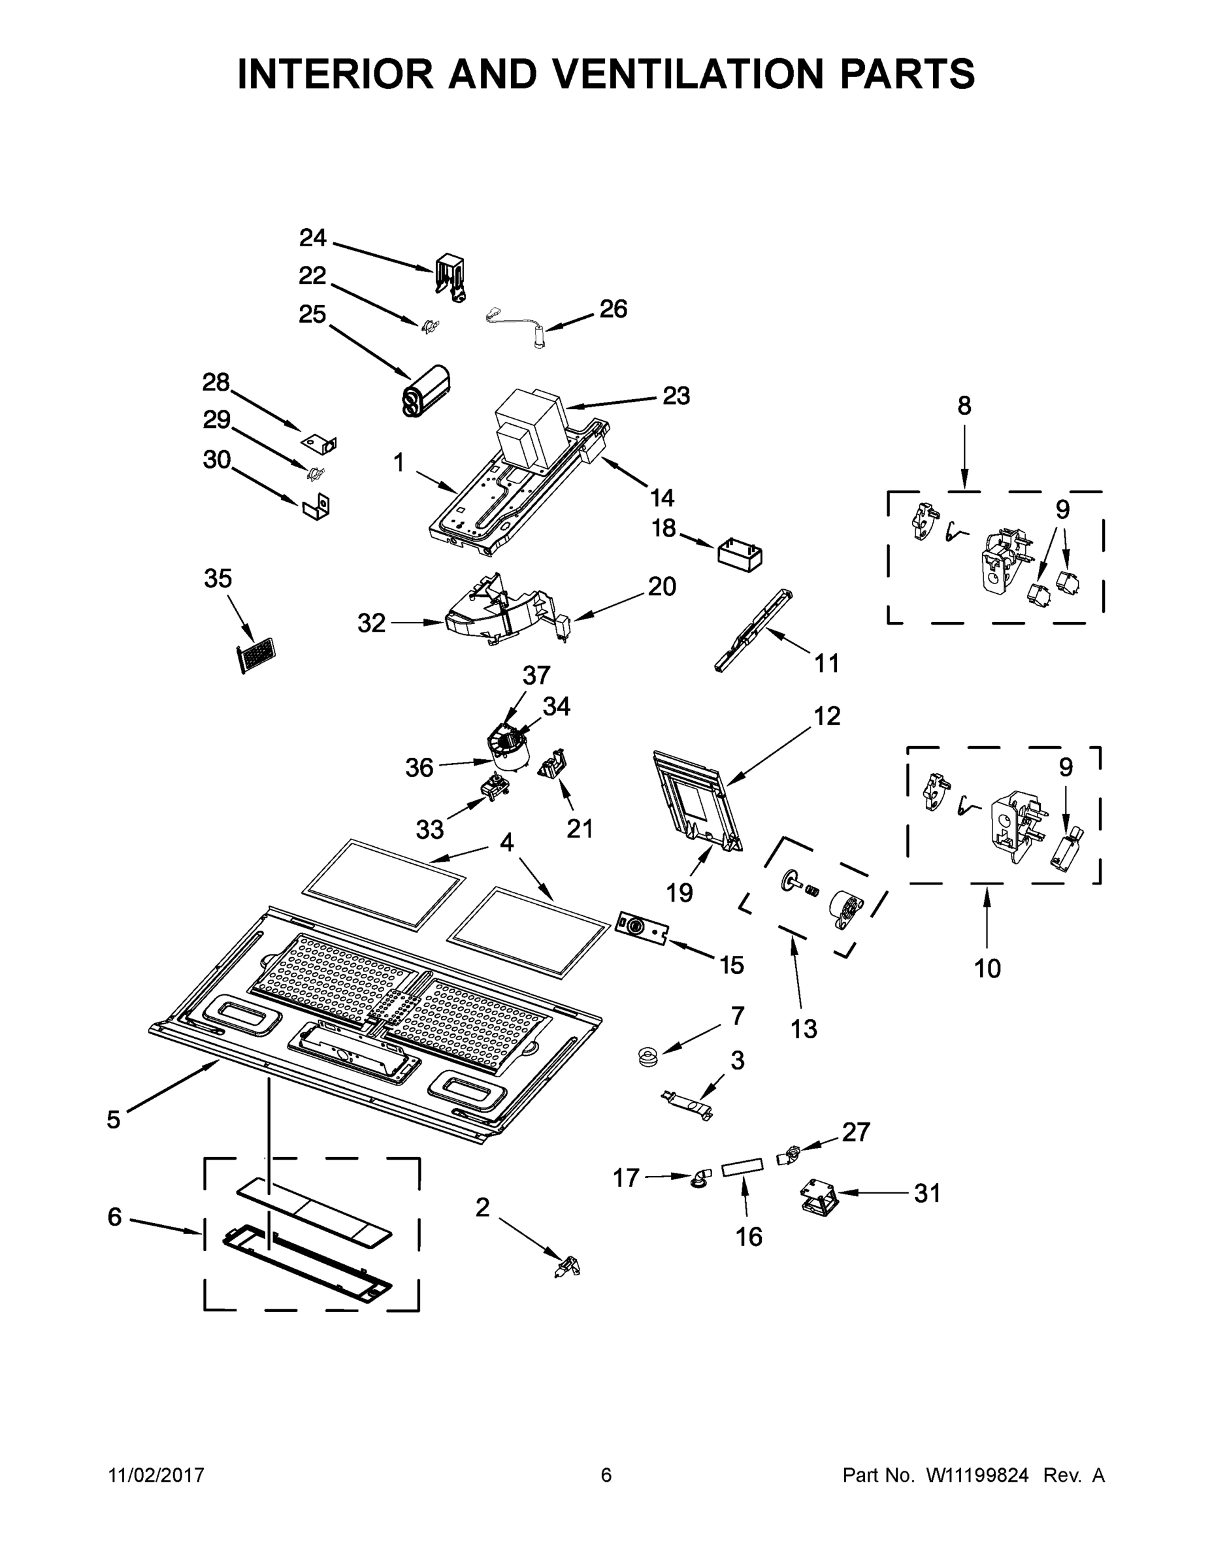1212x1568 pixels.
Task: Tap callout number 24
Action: click(x=312, y=238)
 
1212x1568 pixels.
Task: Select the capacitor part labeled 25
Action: click(x=429, y=391)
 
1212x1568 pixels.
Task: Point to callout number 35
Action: click(x=218, y=578)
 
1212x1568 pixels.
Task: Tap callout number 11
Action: click(x=827, y=662)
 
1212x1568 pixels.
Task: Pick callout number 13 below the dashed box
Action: click(x=804, y=1030)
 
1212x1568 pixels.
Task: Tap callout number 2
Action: click(x=482, y=1207)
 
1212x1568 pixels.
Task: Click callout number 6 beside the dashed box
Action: click(x=115, y=1217)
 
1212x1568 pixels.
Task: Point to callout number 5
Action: click(x=114, y=1119)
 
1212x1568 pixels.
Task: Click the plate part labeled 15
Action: click(x=643, y=928)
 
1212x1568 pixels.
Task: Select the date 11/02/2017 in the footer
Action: click(x=157, y=1475)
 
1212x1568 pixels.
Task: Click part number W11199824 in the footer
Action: click(x=977, y=1475)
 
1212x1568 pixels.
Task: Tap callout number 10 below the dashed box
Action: click(x=987, y=968)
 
